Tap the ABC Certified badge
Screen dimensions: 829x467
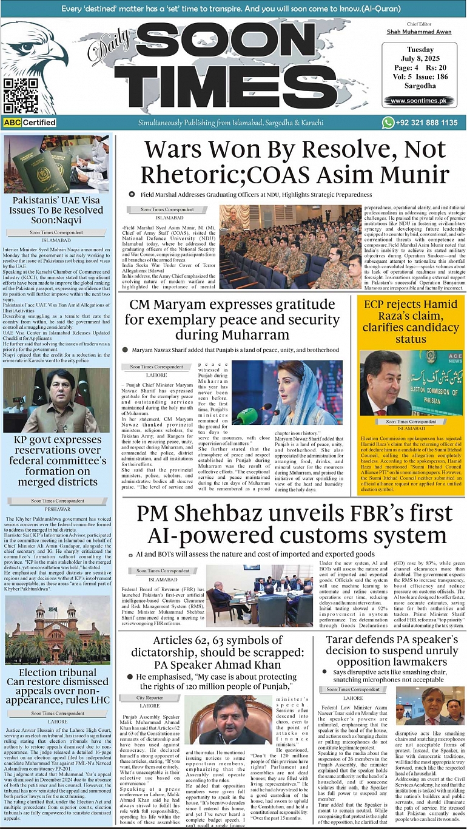(30, 123)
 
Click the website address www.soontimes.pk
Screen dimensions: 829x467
(418, 101)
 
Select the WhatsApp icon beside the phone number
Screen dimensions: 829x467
(388, 123)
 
